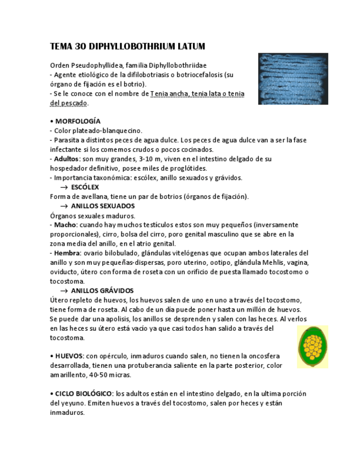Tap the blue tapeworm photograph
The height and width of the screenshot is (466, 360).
tap(293, 79)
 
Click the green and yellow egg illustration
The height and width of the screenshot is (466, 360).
tap(313, 346)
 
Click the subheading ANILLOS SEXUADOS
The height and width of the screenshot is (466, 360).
tap(103, 206)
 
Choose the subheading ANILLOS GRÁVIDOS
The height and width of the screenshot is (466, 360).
tap(102, 290)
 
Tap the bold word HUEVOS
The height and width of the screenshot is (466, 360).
tap(69, 356)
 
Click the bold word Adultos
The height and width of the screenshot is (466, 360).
tap(67, 159)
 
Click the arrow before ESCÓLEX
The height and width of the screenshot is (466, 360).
tap(64, 187)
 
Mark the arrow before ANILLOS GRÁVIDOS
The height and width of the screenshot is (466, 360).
tap(64, 291)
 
